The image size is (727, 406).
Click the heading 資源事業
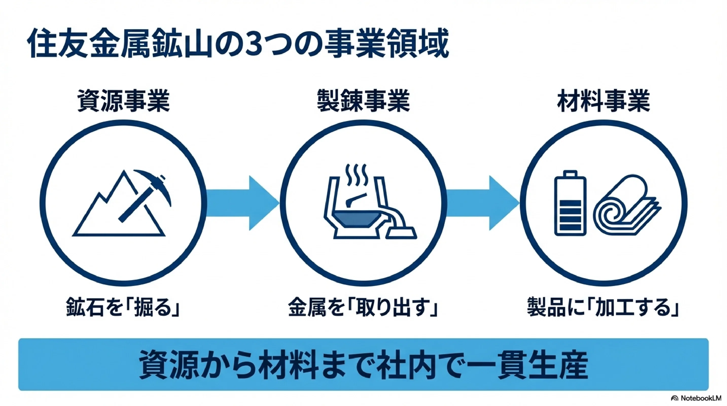pyautogui.click(x=123, y=101)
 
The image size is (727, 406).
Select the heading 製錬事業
pyautogui.click(x=363, y=101)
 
